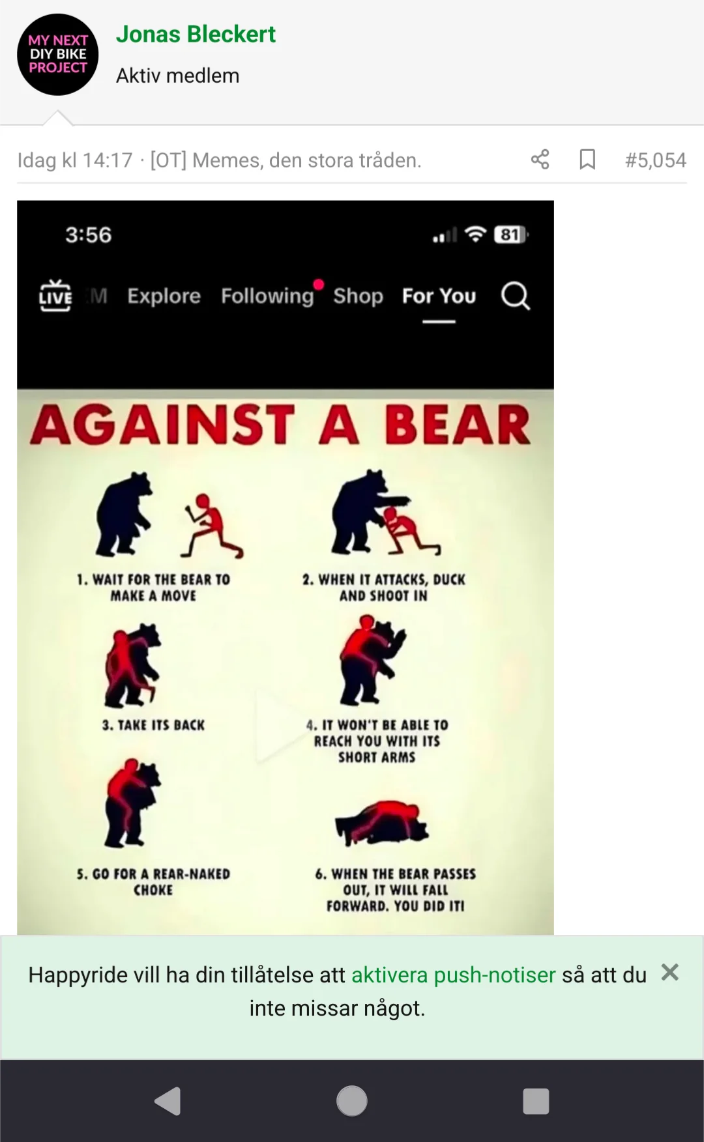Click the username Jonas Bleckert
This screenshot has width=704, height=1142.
click(x=196, y=35)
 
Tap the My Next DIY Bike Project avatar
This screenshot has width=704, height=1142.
click(x=58, y=55)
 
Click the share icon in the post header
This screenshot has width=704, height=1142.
click(x=540, y=160)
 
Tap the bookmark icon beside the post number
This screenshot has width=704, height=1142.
click(x=587, y=160)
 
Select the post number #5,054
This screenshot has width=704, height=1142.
click(x=655, y=160)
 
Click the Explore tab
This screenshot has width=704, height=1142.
click(x=164, y=296)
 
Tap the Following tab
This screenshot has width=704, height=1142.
click(x=267, y=296)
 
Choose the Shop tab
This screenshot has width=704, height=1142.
click(x=358, y=296)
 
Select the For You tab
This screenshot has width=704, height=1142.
click(x=439, y=296)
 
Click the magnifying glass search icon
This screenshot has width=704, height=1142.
click(x=516, y=296)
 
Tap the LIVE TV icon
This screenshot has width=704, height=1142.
click(x=55, y=296)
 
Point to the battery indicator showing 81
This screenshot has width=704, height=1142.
click(x=511, y=235)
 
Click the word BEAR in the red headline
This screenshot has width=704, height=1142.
click(x=457, y=425)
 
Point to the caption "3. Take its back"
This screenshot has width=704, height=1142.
click(x=154, y=725)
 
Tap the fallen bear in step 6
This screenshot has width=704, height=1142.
click(x=382, y=823)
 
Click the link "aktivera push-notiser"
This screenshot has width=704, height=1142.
click(x=454, y=975)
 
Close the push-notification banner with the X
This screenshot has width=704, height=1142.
click(x=670, y=973)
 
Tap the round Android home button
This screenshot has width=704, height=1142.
click(x=352, y=1101)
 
